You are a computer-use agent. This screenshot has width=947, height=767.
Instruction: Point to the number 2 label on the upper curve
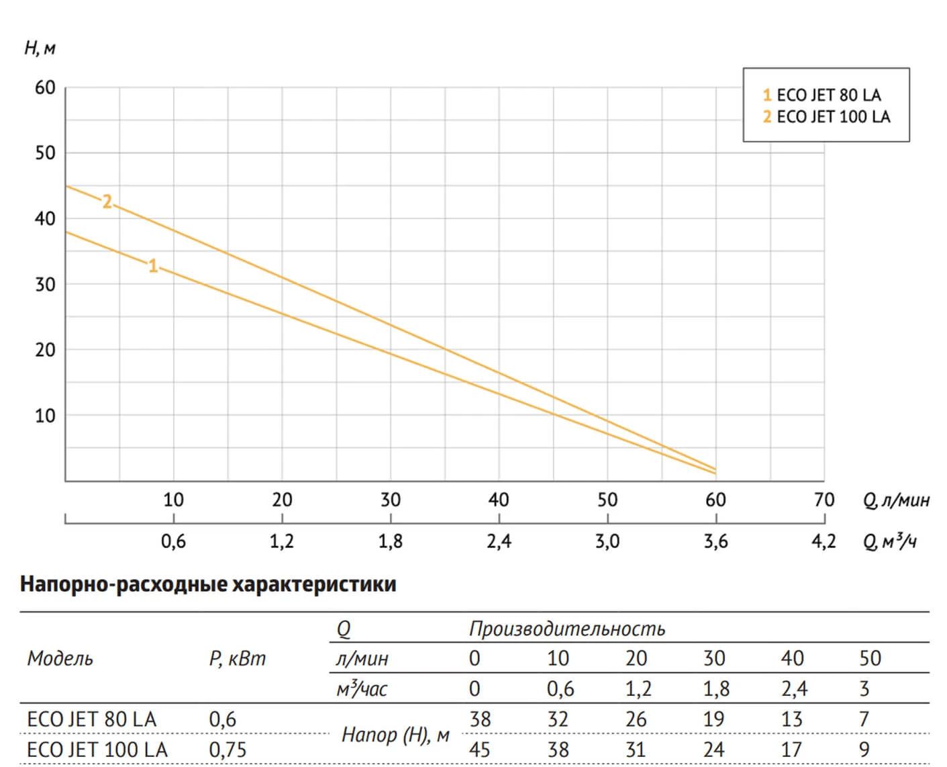pyautogui.click(x=107, y=201)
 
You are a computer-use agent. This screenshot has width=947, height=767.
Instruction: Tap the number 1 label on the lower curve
pyautogui.click(x=153, y=266)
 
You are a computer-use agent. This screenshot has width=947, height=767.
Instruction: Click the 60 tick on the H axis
pyautogui.click(x=45, y=88)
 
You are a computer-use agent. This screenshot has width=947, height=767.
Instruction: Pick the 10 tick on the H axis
pyautogui.click(x=45, y=416)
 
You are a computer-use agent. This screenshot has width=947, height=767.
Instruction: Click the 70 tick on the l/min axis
pyautogui.click(x=824, y=500)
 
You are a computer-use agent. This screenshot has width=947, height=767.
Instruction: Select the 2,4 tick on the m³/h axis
pyautogui.click(x=499, y=541)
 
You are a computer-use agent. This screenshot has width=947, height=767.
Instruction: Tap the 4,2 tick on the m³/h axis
pyautogui.click(x=824, y=541)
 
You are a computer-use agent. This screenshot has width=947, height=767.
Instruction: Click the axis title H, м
pyautogui.click(x=40, y=48)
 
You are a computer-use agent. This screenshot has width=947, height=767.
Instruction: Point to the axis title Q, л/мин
pyautogui.click(x=896, y=500)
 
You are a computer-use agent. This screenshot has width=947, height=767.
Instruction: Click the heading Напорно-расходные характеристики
pyautogui.click(x=208, y=584)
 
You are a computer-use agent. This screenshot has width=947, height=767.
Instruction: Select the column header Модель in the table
pyautogui.click(x=60, y=659)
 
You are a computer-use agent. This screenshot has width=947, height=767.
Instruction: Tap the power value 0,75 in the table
pyautogui.click(x=228, y=750)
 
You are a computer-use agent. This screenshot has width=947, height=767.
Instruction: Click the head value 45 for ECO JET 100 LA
pyautogui.click(x=479, y=750)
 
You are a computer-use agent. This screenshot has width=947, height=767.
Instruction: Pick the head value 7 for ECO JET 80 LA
pyautogui.click(x=864, y=719)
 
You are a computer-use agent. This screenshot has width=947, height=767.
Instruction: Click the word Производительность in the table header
pyautogui.click(x=566, y=629)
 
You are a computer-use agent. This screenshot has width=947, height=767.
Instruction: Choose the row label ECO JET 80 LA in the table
pyautogui.click(x=91, y=719)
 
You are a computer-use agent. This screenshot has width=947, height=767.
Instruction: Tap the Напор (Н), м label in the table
pyautogui.click(x=395, y=735)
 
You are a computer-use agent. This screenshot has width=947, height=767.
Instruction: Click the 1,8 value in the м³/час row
pyautogui.click(x=713, y=689)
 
